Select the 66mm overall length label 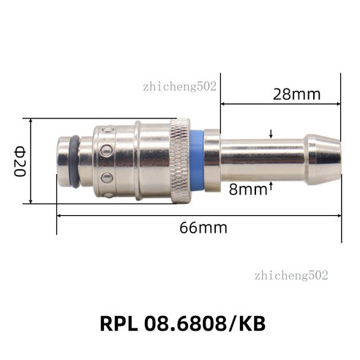pos(203,228)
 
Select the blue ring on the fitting pos(196,160)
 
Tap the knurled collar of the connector pos(179,160)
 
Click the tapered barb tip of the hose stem pos(323,160)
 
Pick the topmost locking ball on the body pos(107,130)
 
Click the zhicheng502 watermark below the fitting pos(291,275)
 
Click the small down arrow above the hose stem pos(271,134)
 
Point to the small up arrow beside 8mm pos(271,186)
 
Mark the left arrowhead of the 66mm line pos(59,215)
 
